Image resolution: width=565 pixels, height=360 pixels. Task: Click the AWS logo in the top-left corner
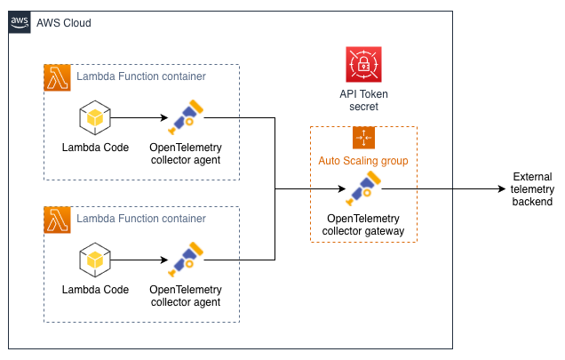click(x=20, y=21)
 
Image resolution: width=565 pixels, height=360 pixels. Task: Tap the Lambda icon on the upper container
click(x=57, y=77)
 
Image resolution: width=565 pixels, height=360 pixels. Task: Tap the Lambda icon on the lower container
click(x=57, y=220)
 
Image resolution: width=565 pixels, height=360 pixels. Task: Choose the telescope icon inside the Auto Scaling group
click(x=364, y=188)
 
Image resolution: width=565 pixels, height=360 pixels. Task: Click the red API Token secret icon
click(x=364, y=65)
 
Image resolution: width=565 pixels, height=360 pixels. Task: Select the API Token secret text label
click(x=364, y=100)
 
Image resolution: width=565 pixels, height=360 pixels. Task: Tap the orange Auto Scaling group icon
click(x=364, y=138)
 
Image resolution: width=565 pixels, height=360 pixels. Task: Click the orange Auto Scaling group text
click(x=363, y=161)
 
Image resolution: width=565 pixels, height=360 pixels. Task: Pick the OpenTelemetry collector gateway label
click(x=363, y=225)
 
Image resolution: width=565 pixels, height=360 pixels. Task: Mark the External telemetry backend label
click(x=531, y=189)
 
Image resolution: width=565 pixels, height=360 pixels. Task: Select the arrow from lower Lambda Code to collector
click(x=139, y=260)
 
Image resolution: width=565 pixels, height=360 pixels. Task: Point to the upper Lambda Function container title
click(x=141, y=76)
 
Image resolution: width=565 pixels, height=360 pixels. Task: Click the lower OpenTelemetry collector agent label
click(x=185, y=296)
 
